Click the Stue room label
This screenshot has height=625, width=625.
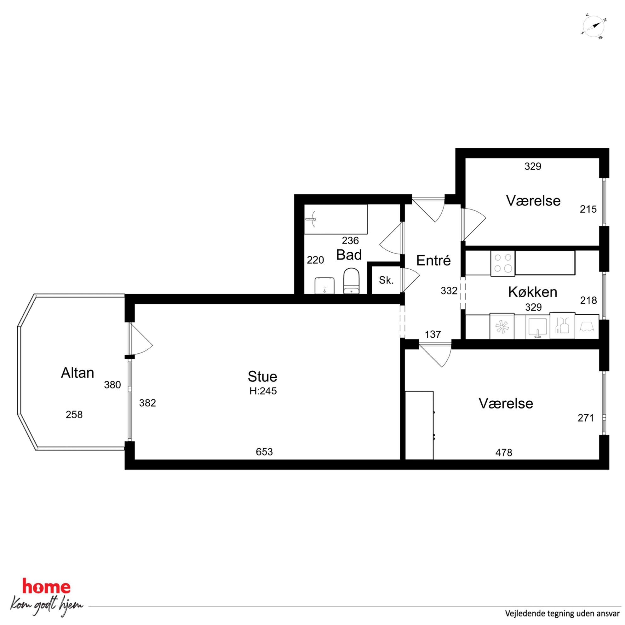point(262,376)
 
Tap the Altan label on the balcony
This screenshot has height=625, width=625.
point(77,373)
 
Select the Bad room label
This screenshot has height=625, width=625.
point(349,255)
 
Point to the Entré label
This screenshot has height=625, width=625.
point(433,260)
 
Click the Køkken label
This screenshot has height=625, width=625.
point(532,292)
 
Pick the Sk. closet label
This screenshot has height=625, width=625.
point(386,280)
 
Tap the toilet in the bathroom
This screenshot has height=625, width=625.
point(351,281)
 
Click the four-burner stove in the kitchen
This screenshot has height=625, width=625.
point(503,264)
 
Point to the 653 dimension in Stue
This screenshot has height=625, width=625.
point(264,452)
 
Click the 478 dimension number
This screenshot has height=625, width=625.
point(504,453)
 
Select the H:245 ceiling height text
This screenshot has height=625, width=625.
point(263,391)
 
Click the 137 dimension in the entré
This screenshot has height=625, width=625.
point(433,334)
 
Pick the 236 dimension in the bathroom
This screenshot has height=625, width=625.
point(350,240)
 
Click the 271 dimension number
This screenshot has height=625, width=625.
point(586,418)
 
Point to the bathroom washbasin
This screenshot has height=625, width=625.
point(324,286)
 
